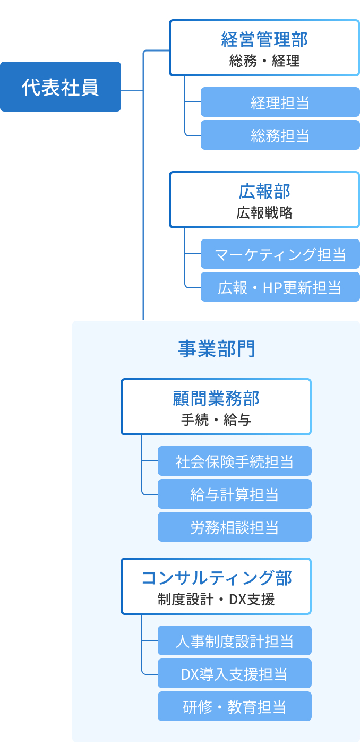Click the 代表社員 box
(x=61, y=87)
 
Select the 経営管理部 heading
(x=264, y=39)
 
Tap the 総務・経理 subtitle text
(x=264, y=61)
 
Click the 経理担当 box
(x=280, y=102)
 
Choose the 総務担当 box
(x=280, y=135)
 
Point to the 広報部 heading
(x=264, y=191)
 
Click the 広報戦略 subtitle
(x=264, y=213)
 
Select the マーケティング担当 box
(x=280, y=254)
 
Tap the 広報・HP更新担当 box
(x=280, y=287)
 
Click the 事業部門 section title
(x=216, y=349)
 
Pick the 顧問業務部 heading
(x=216, y=398)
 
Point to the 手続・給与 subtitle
(x=216, y=420)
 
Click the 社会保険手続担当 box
(x=234, y=461)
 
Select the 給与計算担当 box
(x=234, y=494)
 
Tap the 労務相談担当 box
(x=234, y=527)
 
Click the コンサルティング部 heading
(x=216, y=578)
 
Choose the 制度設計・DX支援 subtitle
(x=216, y=600)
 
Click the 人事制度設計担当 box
(x=234, y=640)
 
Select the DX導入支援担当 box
(x=234, y=673)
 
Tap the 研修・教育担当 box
(x=234, y=706)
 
